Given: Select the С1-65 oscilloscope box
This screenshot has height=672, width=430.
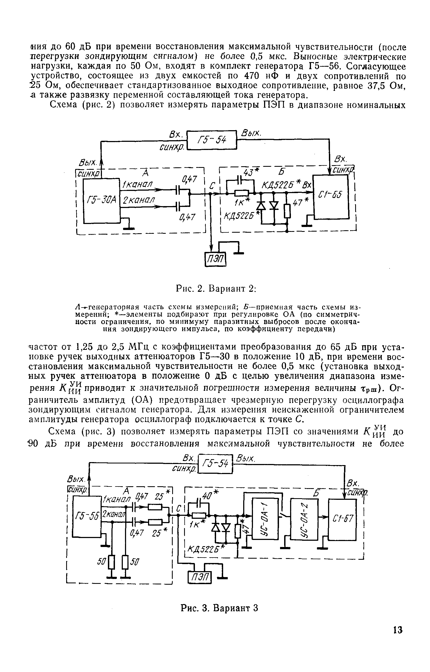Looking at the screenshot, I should click(331, 197).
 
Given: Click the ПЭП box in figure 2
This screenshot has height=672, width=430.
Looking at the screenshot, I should click(215, 260).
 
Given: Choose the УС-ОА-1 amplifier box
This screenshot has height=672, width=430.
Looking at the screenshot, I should click(265, 519).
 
